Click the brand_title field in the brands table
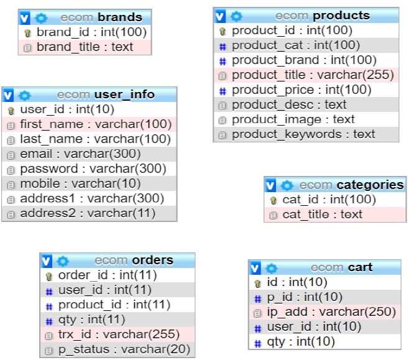(85, 47)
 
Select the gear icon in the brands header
(40, 18)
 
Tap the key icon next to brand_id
(27, 33)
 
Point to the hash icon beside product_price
(223, 91)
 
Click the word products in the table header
(341, 16)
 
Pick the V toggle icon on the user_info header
(8, 95)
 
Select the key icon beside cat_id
(273, 201)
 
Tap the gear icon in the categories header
(287, 185)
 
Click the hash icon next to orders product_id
(49, 307)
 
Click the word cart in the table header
(360, 267)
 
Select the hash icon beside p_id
(258, 298)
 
